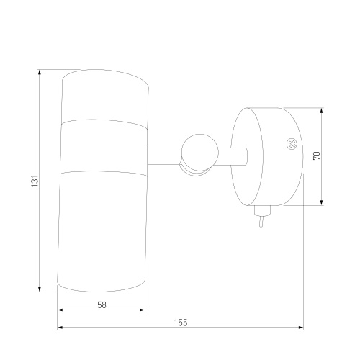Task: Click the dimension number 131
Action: (35, 181)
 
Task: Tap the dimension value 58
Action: (102, 305)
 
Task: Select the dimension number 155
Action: (181, 323)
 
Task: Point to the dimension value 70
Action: (317, 156)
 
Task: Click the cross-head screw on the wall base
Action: (292, 144)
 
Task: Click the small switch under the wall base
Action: (262, 210)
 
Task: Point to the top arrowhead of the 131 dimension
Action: (40, 72)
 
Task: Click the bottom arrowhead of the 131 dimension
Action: (40, 289)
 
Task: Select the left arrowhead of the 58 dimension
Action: (60, 310)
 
